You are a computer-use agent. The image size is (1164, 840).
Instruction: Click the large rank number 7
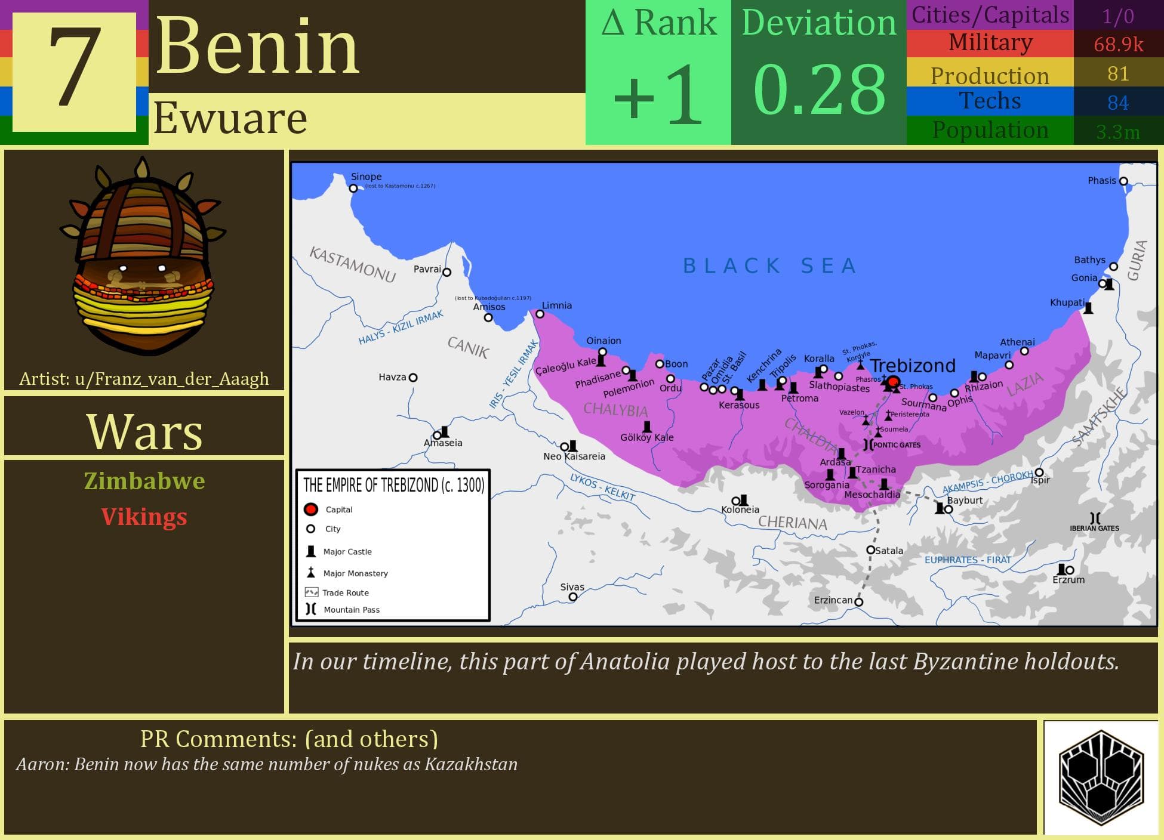coord(75,70)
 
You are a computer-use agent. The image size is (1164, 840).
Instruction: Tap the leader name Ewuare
coord(230,118)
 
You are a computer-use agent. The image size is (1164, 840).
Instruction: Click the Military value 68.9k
coord(1118,45)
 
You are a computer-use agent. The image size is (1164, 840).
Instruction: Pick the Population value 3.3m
coord(1118,132)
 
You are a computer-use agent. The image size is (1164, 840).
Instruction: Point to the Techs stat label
coord(990,101)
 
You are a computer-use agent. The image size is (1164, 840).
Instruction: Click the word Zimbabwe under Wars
coord(144,481)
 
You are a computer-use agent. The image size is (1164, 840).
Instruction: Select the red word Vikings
coord(144,517)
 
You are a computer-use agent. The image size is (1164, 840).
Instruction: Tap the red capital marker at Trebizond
coord(893,382)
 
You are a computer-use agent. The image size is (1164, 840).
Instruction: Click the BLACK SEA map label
coord(770,265)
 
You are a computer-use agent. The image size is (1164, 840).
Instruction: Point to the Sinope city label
coord(366,177)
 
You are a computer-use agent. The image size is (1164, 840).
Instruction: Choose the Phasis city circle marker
coord(1123,181)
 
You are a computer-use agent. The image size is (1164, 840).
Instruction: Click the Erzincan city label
coord(833,600)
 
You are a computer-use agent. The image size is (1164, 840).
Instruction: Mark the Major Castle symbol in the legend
coord(311,551)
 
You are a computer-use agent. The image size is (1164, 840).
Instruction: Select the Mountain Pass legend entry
coord(352,610)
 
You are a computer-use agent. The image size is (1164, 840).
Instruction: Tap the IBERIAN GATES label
coord(1094,528)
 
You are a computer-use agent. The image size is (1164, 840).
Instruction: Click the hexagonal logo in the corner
coord(1101,777)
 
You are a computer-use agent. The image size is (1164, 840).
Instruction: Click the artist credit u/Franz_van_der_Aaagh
coord(144,379)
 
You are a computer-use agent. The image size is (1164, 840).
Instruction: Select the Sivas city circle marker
coord(573,597)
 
